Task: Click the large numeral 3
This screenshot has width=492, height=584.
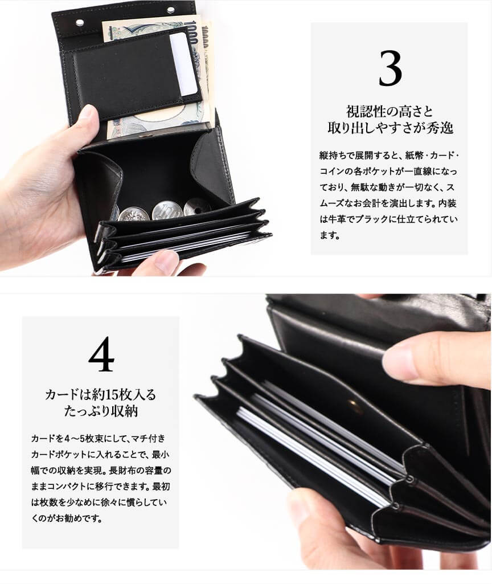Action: click(390, 68)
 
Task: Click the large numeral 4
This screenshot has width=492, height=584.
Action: click(101, 354)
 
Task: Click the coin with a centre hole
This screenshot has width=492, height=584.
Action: click(196, 207)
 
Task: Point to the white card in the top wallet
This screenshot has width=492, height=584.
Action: click(183, 64)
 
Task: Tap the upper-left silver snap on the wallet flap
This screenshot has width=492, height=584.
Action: click(80, 23)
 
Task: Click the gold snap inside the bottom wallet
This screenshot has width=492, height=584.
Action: click(352, 404)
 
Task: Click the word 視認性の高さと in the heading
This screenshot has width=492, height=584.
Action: click(389, 111)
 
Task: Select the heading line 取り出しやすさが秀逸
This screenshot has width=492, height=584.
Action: click(390, 128)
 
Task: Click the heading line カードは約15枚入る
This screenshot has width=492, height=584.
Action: click(100, 394)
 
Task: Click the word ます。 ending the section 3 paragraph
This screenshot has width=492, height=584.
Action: click(330, 235)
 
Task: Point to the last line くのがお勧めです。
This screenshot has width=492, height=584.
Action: click(67, 518)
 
